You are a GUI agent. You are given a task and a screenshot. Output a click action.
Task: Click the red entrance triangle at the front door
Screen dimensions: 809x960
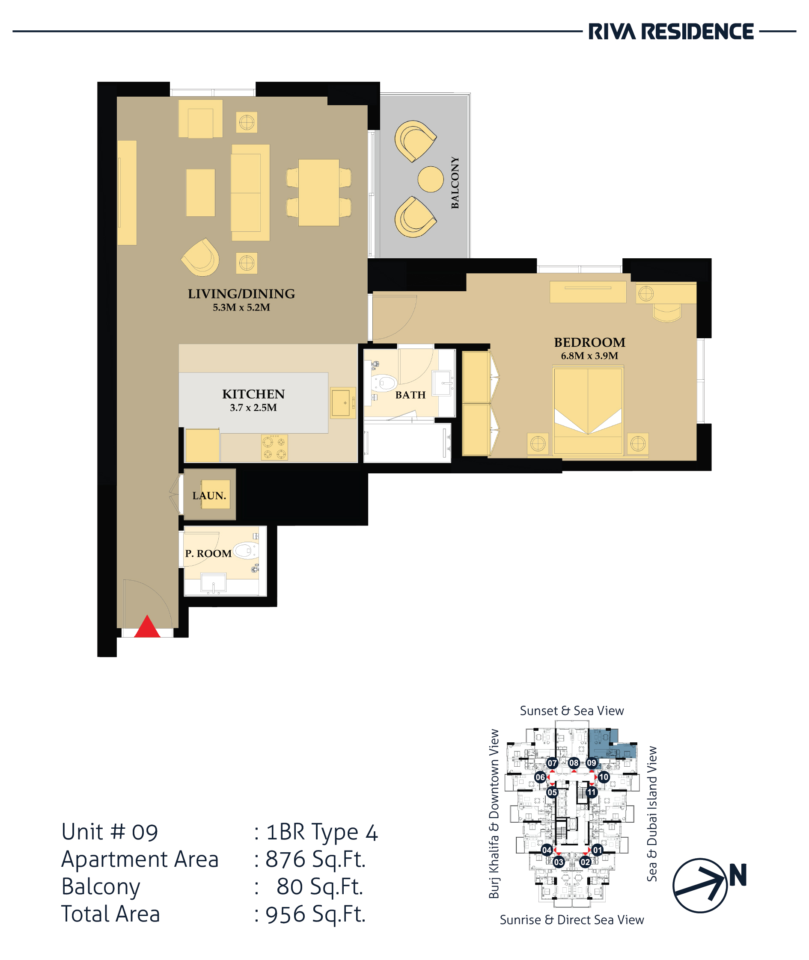click(147, 627)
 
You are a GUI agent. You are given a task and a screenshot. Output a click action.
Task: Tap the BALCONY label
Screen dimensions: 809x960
click(455, 182)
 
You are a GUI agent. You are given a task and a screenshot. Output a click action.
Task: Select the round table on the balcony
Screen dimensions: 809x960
click(431, 179)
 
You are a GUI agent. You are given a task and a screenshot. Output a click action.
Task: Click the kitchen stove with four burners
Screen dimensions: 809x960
click(274, 447)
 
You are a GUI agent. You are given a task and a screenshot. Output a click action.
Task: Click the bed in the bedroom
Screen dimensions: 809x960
click(588, 411)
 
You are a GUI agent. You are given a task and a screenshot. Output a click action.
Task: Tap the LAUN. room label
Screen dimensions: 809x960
click(209, 495)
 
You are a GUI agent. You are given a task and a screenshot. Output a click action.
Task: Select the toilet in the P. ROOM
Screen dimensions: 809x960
click(246, 550)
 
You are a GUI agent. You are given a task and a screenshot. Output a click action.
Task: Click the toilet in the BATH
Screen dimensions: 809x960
click(384, 382)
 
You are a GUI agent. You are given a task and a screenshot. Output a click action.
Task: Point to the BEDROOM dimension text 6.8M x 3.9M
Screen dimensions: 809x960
click(589, 356)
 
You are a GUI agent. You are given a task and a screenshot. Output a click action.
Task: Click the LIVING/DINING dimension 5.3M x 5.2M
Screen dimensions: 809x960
click(241, 307)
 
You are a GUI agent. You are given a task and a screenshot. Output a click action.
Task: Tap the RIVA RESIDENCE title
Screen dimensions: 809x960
click(671, 32)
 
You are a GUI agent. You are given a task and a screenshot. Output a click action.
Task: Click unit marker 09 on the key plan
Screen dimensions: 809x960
click(592, 763)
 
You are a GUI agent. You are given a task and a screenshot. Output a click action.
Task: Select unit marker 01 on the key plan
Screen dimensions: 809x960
click(597, 850)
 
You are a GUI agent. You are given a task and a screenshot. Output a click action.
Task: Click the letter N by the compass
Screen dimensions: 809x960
click(738, 875)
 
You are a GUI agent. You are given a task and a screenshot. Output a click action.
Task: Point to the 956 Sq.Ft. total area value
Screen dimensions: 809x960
click(315, 914)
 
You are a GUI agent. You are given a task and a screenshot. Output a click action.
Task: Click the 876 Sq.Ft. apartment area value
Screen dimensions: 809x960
click(315, 859)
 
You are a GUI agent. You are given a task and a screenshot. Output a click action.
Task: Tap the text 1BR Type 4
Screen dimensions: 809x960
click(322, 833)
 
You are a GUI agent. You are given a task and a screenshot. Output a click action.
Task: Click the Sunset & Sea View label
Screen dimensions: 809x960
click(572, 711)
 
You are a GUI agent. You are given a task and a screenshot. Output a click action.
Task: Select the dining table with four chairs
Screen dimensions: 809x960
click(319, 192)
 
